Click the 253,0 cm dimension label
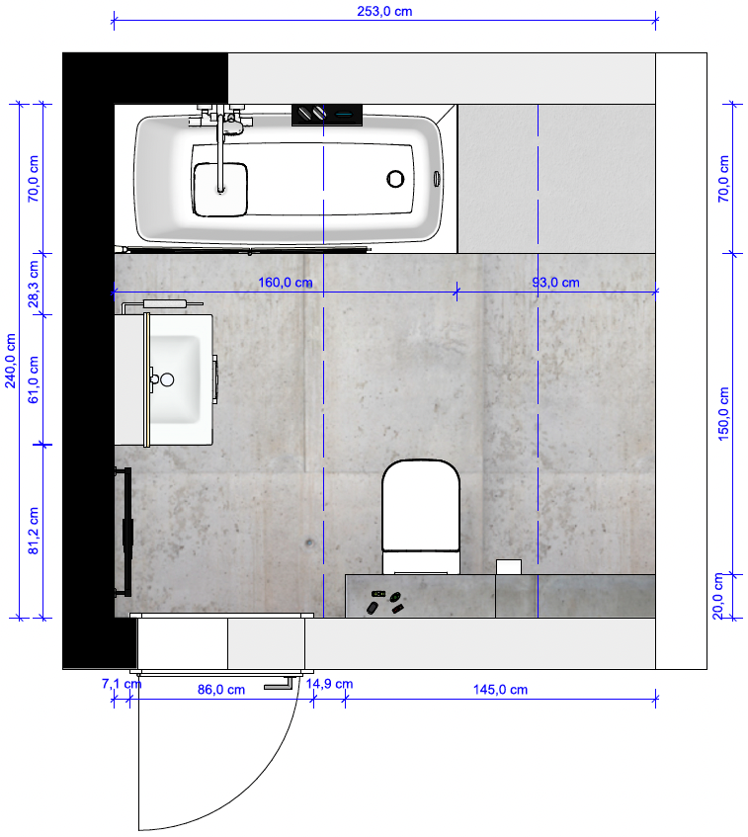[x=384, y=11]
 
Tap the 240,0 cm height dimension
[x=11, y=361]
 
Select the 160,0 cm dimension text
[x=286, y=283]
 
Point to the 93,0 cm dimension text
[x=555, y=283]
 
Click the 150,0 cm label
[x=723, y=414]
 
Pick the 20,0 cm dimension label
[x=718, y=596]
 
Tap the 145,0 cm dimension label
[x=500, y=690]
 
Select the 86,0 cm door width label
[x=221, y=690]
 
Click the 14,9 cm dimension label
[x=329, y=684]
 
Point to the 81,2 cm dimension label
[x=34, y=531]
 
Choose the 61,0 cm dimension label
[x=34, y=379]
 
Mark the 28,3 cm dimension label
[x=34, y=284]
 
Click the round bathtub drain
[x=395, y=179]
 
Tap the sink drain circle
[x=167, y=379]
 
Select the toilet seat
[x=421, y=505]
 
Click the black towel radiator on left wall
[x=125, y=533]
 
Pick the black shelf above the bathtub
[x=327, y=116]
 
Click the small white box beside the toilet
[x=508, y=567]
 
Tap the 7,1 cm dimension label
[x=122, y=684]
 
